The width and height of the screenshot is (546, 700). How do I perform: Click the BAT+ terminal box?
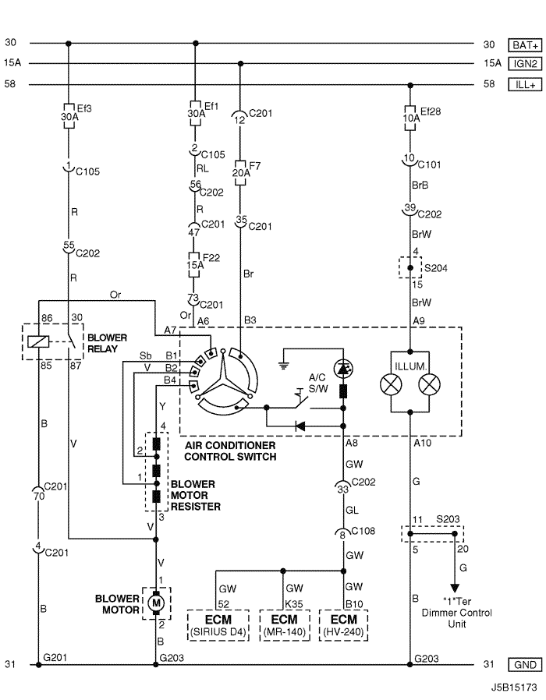click(x=525, y=45)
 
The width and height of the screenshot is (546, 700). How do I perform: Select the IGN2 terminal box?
click(x=525, y=64)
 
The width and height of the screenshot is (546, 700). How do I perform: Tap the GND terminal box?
click(x=525, y=665)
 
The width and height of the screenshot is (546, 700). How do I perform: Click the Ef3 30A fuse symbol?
click(x=69, y=116)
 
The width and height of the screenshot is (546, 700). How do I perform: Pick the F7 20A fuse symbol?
click(x=240, y=172)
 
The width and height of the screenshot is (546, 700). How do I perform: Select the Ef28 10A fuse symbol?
click(x=410, y=118)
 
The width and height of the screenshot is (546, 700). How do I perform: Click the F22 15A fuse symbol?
click(x=193, y=265)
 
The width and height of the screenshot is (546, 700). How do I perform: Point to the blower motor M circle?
click(x=156, y=603)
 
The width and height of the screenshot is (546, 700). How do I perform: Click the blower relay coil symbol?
click(x=39, y=342)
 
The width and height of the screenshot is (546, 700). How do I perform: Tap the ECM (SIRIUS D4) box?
click(x=218, y=625)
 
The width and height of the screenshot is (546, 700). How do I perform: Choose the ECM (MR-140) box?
click(x=285, y=625)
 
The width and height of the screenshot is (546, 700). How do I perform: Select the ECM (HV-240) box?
click(x=344, y=625)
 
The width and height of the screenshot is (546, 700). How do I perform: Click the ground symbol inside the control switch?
click(x=283, y=365)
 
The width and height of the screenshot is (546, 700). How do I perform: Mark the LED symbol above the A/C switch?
click(x=344, y=369)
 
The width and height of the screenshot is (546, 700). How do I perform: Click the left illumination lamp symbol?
click(x=391, y=385)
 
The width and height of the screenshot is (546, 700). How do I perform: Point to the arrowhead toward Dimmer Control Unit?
click(x=455, y=588)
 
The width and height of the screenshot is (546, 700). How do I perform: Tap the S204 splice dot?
click(x=410, y=268)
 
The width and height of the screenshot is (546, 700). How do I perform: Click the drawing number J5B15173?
click(x=514, y=687)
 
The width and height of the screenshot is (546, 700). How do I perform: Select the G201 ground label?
click(x=55, y=657)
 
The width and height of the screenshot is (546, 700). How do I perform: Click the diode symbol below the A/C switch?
click(x=300, y=426)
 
